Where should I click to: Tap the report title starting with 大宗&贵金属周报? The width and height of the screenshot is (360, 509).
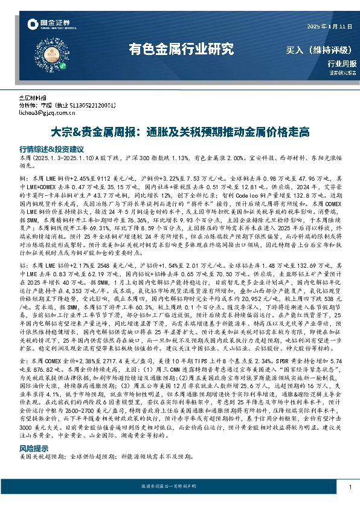click(179, 131)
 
